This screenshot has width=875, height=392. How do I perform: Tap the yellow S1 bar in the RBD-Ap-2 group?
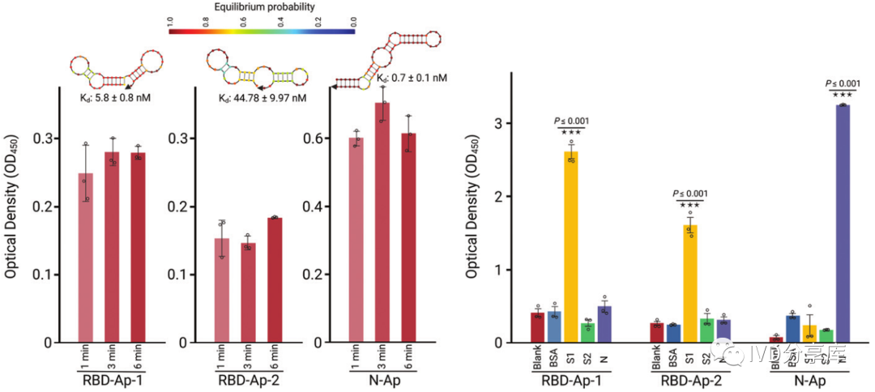691,283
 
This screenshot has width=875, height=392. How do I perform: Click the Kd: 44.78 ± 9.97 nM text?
262,98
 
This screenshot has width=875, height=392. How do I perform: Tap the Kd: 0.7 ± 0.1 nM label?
412,79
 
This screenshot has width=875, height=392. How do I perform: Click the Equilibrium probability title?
262,7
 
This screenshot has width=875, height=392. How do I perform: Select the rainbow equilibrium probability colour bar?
262,29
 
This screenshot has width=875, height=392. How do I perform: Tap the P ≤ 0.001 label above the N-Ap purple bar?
843,83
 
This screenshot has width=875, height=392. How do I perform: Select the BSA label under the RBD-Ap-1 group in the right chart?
553,361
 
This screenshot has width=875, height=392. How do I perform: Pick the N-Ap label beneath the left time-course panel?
381,379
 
